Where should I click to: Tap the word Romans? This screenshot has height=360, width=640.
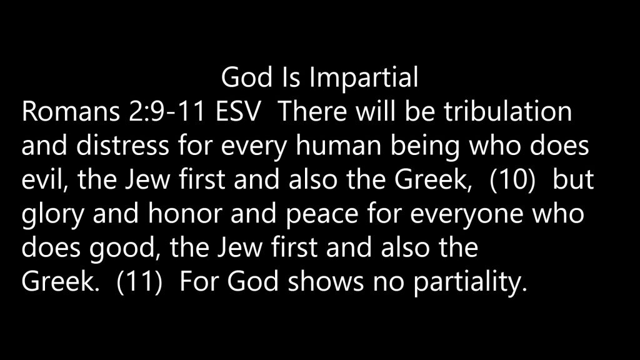pos(71,111)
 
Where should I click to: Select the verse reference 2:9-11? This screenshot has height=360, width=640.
pos(167,111)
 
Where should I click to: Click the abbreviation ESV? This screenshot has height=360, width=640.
pos(237,111)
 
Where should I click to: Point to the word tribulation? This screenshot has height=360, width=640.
pos(507,111)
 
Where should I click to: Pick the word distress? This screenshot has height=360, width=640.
pos(122,145)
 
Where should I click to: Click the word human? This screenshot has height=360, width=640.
pos(338,145)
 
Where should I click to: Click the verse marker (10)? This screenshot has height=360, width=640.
pos(512,180)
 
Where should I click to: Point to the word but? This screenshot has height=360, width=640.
pos(573,179)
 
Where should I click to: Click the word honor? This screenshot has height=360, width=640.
pos(184,214)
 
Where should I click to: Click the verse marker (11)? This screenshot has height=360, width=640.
pos(139,282)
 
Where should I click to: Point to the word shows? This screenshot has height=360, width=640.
pos(325,282)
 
